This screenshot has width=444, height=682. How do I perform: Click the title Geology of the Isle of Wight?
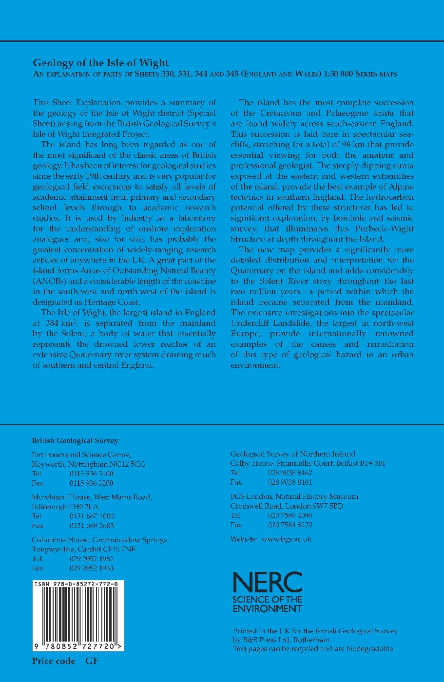(100, 63)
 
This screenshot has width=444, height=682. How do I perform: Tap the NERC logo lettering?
(268, 583)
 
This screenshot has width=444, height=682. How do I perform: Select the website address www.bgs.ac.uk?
(286, 539)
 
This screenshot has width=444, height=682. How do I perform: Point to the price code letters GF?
(92, 661)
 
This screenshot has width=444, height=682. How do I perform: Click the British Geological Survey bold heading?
(75, 440)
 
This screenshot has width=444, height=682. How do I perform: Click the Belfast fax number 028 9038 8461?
(290, 482)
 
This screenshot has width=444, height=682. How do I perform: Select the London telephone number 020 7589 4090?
(290, 515)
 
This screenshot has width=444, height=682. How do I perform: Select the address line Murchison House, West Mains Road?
(92, 497)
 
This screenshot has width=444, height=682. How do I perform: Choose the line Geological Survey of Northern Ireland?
(292, 454)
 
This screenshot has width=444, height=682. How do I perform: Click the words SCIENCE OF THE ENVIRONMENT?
(267, 604)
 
